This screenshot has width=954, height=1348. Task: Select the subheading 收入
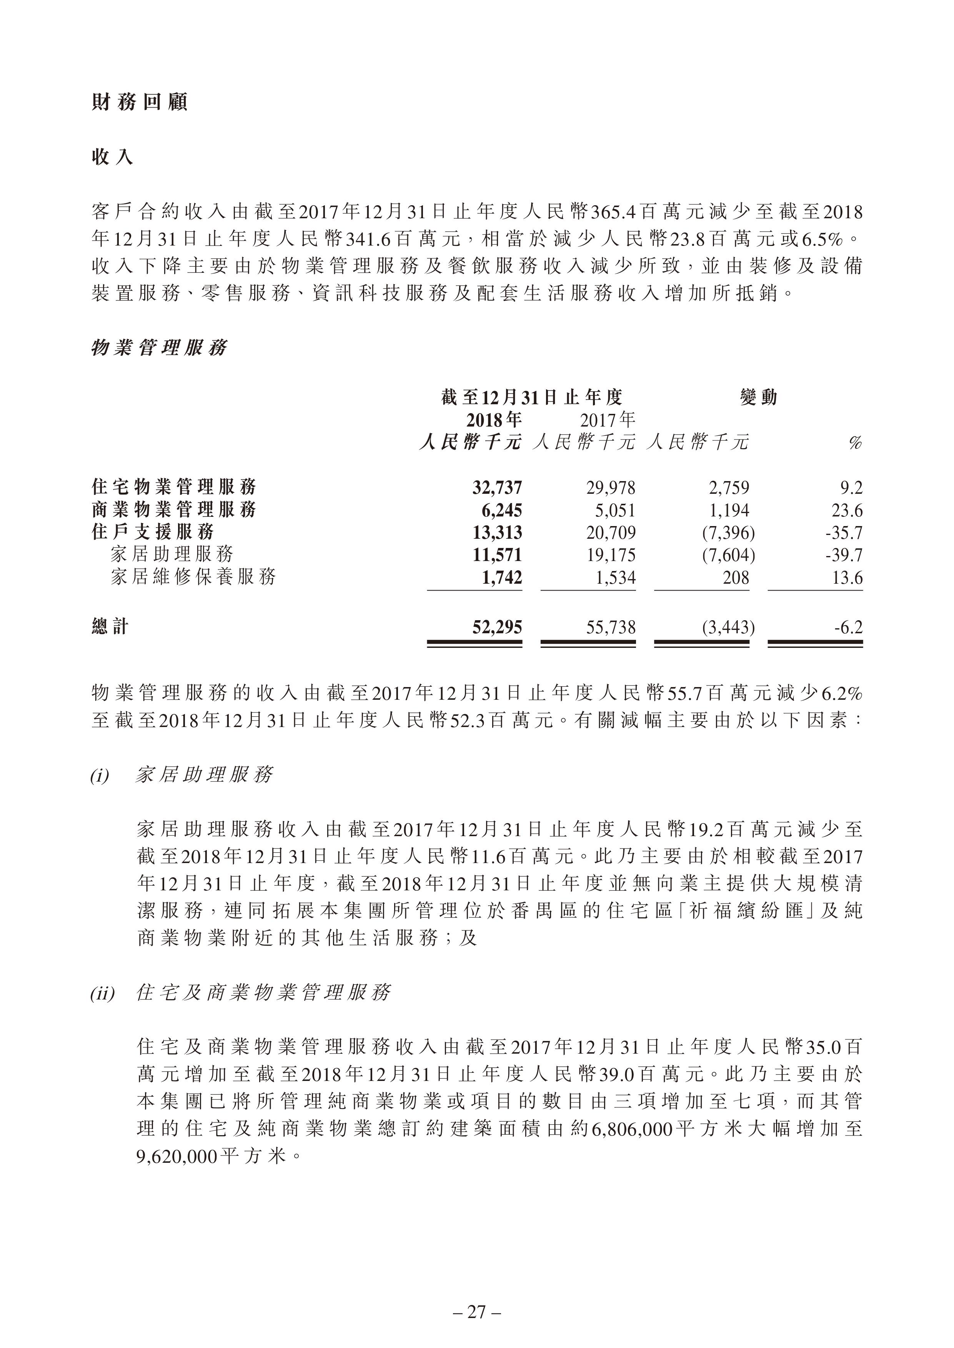(112, 157)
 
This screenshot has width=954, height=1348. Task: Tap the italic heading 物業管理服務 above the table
(158, 348)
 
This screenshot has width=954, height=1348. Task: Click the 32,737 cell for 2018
(497, 487)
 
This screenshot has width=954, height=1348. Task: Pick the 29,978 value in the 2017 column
(611, 487)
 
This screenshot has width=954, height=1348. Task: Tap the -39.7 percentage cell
(844, 555)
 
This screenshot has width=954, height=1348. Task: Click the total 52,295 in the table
(497, 628)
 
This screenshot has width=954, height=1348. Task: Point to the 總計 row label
(110, 627)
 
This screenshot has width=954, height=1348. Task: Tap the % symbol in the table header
(855, 443)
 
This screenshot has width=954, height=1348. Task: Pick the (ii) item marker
(103, 993)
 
